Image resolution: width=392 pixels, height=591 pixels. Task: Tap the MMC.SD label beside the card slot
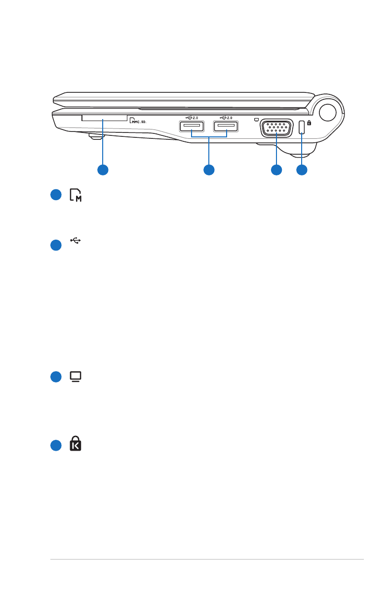[139, 120]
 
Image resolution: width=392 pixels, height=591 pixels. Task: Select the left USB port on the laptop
[191, 127]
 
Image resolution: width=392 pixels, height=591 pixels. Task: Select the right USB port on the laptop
[226, 127]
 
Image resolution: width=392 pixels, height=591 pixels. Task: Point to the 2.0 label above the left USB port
[195, 118]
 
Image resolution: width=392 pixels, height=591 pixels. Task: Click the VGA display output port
[276, 127]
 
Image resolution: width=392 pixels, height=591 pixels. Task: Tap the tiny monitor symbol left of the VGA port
[255, 119]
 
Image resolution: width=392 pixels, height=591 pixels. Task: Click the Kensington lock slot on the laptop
[301, 127]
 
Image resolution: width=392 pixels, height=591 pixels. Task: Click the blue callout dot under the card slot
[103, 169]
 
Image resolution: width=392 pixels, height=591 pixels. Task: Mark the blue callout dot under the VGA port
[276, 169]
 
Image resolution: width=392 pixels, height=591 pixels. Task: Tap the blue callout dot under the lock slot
[301, 169]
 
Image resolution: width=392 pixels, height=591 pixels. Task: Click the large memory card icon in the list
[76, 195]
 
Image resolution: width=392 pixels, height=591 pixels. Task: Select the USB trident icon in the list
[76, 241]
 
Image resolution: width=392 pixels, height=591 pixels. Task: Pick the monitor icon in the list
[76, 377]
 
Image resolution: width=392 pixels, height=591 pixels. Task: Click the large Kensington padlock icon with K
[76, 444]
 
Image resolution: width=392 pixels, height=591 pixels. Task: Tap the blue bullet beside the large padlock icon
[56, 445]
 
